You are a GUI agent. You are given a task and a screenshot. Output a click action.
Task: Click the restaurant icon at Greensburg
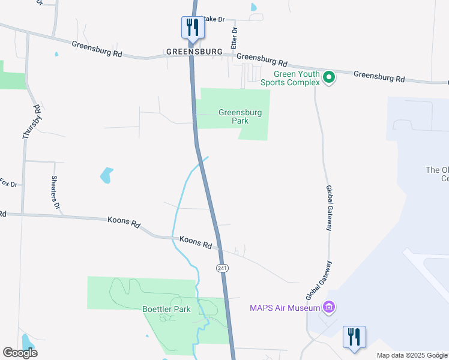[192, 28]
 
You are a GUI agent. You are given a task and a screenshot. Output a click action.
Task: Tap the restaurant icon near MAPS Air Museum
[354, 337]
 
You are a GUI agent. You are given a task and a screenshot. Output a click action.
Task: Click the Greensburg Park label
[233, 116]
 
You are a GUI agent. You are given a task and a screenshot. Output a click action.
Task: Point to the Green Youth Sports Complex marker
[328, 77]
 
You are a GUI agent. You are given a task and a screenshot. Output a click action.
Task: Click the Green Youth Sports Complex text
[289, 78]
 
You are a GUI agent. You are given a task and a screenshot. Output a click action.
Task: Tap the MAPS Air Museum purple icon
[328, 308]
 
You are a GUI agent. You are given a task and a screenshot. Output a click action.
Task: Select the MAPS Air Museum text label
[285, 308]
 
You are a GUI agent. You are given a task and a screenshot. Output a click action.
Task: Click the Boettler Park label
[166, 310]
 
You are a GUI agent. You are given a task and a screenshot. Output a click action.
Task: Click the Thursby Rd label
[32, 122]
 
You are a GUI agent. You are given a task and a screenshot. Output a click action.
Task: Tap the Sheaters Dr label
[56, 192]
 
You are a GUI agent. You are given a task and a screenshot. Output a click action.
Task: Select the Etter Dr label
[235, 37]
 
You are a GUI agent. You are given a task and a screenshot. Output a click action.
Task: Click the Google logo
[20, 353]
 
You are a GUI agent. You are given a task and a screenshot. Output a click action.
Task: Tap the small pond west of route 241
[106, 175]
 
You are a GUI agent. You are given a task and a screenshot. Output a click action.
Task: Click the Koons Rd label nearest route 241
[196, 242]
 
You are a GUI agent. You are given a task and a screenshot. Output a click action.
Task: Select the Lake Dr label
[213, 19]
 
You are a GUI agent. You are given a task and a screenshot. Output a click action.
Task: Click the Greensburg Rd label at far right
[379, 77]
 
